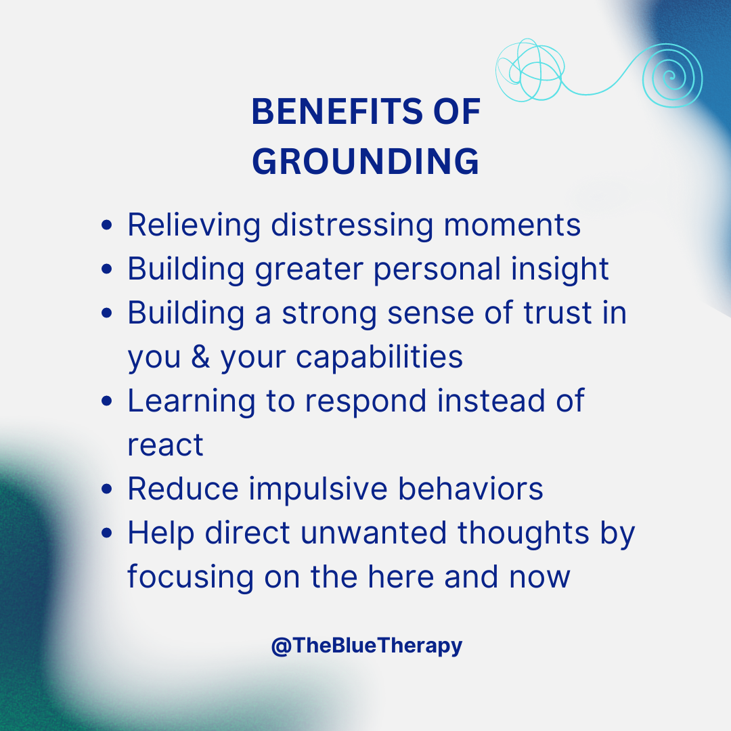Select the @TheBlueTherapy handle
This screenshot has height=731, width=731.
tap(366, 646)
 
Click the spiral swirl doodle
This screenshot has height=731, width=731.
tap(671, 76)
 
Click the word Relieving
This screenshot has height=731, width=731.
tap(194, 225)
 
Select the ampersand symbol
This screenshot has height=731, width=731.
tap(201, 357)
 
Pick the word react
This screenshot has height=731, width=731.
tap(165, 445)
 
